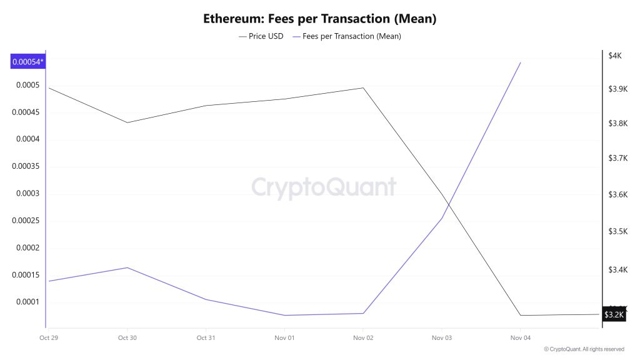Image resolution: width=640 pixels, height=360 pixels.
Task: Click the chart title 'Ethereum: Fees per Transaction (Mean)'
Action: point(319,18)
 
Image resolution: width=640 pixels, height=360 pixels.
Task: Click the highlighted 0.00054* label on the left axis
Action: point(28,61)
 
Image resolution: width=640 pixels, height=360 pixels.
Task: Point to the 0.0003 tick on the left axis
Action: point(27,194)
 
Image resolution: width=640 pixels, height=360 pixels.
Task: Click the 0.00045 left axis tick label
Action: point(26,112)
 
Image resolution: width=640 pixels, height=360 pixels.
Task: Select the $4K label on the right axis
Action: point(614,56)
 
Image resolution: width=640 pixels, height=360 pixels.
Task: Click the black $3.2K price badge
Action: point(614,314)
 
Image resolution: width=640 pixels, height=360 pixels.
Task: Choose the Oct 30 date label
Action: point(127,338)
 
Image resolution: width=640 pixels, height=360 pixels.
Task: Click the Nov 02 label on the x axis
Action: point(363,338)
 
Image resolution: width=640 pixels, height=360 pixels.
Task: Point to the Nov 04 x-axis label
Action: point(520,338)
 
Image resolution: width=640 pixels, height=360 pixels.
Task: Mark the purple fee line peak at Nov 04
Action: point(521,62)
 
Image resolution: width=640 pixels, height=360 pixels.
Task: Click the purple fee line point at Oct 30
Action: point(127,267)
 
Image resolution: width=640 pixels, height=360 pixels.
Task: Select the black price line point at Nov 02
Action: point(363,87)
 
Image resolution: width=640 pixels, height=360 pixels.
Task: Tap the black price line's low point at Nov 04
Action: point(521,315)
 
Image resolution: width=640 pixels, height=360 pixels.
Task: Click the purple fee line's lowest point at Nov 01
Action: point(284,315)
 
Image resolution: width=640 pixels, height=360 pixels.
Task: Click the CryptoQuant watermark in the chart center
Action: point(324,187)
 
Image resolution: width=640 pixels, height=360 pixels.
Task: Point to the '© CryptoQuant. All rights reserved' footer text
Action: point(584,349)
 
